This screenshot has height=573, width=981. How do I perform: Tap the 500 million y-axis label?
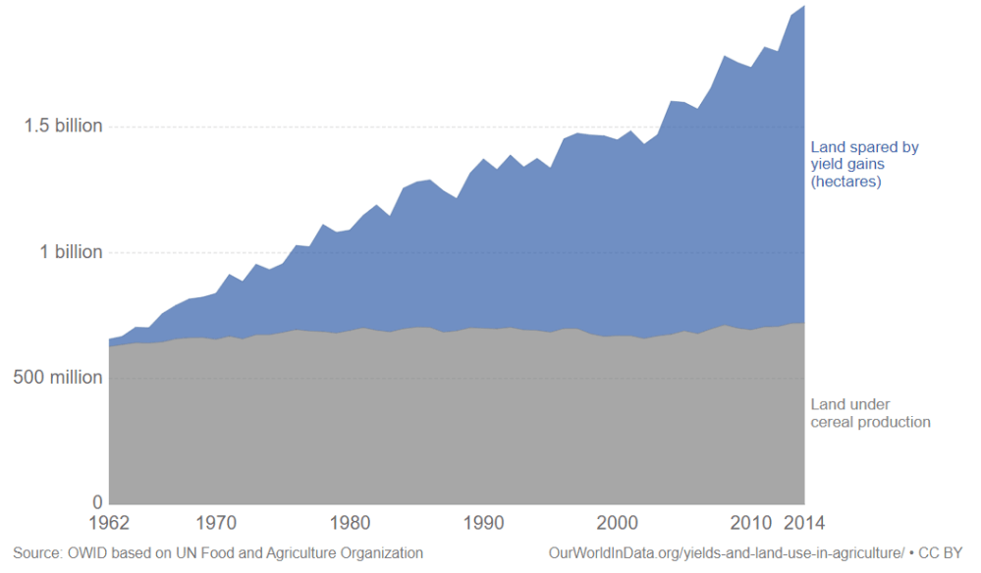57,377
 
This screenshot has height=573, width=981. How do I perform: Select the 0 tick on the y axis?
96,502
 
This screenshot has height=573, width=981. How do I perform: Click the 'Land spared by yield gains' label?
864,156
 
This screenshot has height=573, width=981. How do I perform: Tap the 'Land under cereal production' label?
870,413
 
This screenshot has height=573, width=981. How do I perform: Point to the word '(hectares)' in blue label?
845,182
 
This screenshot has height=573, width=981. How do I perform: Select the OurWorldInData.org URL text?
726,553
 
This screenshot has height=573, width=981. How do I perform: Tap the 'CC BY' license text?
941,553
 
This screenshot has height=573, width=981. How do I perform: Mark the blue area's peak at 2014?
803,7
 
